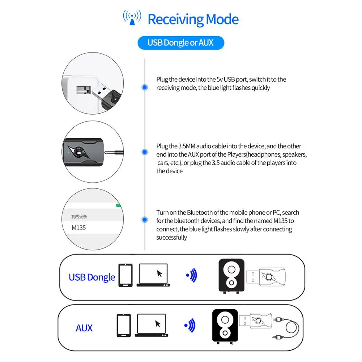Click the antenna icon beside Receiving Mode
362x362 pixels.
(x=132, y=18)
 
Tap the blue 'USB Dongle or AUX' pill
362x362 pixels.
(x=180, y=43)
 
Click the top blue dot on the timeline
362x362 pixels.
(x=145, y=87)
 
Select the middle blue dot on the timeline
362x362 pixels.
(x=145, y=153)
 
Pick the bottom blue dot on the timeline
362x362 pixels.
(x=145, y=220)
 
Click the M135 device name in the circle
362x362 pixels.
(x=79, y=228)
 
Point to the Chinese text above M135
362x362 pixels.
(x=79, y=217)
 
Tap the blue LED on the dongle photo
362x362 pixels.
(x=68, y=152)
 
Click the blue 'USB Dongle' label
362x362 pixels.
(x=92, y=277)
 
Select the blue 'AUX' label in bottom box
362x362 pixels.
(x=84, y=328)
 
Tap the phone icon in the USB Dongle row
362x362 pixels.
(x=125, y=275)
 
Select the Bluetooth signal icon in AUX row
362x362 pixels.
(x=190, y=324)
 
